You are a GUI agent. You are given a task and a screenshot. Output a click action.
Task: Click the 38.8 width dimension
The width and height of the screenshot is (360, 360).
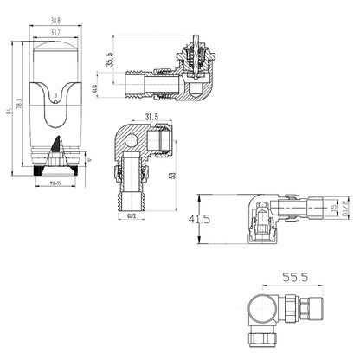click(x=55, y=21)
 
